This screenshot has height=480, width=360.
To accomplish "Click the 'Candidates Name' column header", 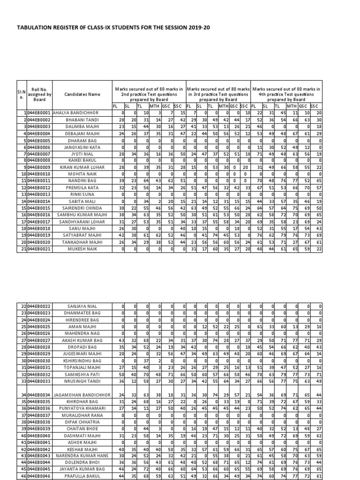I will click(82, 94).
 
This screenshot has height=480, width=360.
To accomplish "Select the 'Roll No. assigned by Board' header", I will click(40, 94).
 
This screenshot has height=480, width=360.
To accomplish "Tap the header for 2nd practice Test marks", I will click(149, 94).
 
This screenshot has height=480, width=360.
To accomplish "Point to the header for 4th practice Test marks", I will click(286, 94).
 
